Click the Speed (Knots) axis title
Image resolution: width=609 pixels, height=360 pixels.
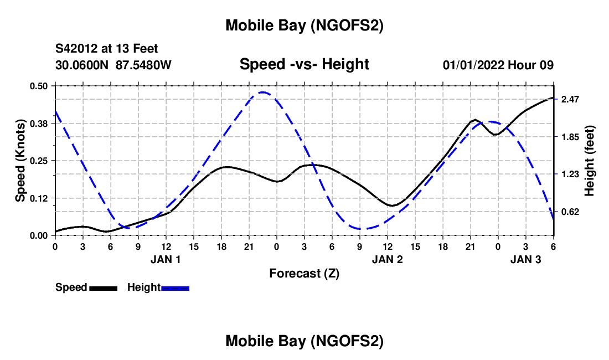pos(20,161)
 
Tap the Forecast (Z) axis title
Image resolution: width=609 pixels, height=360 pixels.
pos(304,273)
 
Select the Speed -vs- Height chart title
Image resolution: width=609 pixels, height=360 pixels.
pos(304,64)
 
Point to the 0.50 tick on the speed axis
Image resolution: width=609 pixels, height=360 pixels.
pos(38,86)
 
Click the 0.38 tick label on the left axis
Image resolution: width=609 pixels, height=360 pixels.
pos(38,124)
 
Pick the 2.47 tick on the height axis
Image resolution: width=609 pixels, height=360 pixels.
pos(570,100)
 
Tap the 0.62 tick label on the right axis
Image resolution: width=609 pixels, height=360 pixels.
pos(570,212)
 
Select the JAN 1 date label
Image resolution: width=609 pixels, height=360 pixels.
pos(166,259)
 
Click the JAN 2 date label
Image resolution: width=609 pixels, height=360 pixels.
pos(387,259)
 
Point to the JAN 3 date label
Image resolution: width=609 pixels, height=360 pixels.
pos(525,259)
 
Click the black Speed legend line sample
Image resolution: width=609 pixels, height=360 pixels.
pos(103,288)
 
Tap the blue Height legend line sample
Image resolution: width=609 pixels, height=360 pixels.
pos(175,288)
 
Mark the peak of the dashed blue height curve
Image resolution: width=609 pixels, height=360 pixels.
pos(263,92)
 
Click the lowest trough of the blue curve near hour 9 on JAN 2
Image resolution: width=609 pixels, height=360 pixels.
pos(360,229)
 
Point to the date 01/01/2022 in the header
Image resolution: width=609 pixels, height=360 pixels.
pos(473,65)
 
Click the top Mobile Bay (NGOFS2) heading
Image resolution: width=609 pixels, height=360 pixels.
pos(304,25)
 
